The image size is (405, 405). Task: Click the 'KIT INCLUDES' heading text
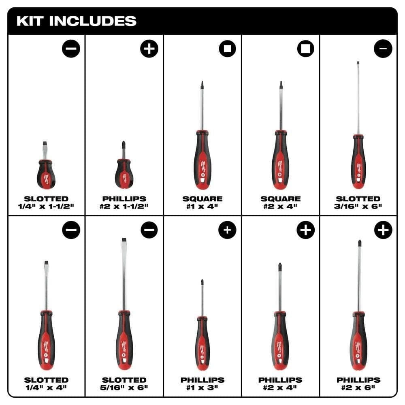pyautogui.click(x=76, y=21)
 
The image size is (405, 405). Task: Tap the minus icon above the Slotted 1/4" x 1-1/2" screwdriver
pyautogui.click(x=71, y=49)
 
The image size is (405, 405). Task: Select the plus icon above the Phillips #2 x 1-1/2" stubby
pyautogui.click(x=149, y=49)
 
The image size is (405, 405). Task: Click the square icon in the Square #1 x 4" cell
pyautogui.click(x=227, y=49)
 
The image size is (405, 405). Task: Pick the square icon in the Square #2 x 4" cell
pyautogui.click(x=305, y=49)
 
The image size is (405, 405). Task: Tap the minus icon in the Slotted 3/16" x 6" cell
pyautogui.click(x=383, y=49)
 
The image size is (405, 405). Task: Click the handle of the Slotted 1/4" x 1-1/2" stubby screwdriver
pyautogui.click(x=46, y=174)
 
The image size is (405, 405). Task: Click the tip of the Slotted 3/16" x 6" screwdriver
pyautogui.click(x=358, y=63)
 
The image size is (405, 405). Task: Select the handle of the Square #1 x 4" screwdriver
pyautogui.click(x=202, y=160)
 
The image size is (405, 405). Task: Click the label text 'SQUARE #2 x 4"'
pyautogui.click(x=280, y=202)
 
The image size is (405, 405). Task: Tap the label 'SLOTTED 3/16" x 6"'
pyautogui.click(x=358, y=202)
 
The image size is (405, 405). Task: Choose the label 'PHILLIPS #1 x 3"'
pyautogui.click(x=202, y=384)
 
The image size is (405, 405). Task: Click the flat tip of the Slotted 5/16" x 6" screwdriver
pyautogui.click(x=124, y=241)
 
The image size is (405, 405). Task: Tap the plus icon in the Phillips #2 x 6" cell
pyautogui.click(x=383, y=230)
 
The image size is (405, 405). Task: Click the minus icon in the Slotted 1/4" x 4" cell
pyautogui.click(x=71, y=230)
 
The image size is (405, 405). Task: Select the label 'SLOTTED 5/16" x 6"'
pyautogui.click(x=124, y=384)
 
